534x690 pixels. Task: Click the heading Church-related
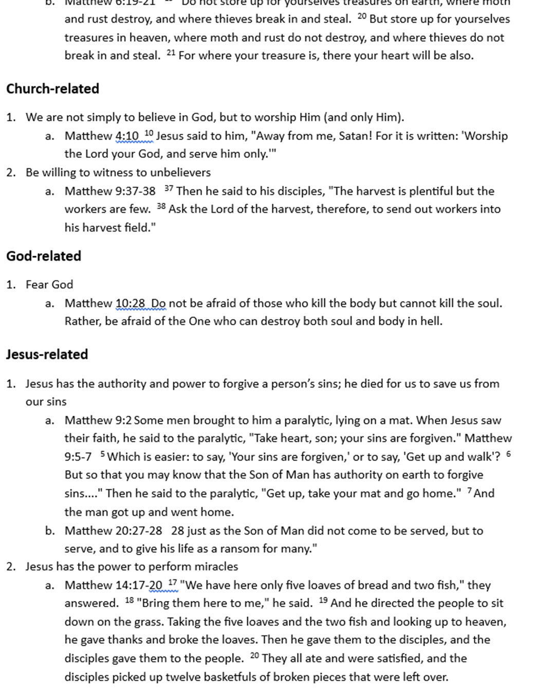52,89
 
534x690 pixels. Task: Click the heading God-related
44,256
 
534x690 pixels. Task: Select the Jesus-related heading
47,354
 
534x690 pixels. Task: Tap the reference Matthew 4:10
101,136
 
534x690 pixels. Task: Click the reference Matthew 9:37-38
110,191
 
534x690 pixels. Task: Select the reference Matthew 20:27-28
113,530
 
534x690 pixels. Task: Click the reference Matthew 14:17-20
113,585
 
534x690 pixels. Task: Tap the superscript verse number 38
161,206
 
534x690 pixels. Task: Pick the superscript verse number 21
171,52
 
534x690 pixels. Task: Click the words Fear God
49,285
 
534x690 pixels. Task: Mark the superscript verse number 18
129,600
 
